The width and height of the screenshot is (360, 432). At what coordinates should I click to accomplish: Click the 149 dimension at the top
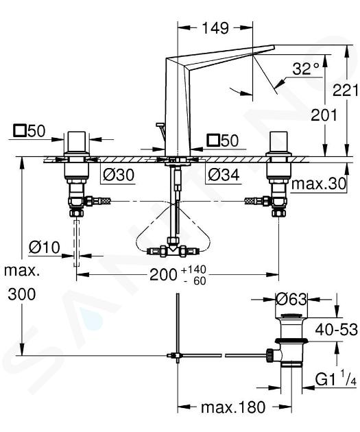(x=215, y=28)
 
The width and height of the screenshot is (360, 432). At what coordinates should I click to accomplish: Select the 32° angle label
(x=305, y=69)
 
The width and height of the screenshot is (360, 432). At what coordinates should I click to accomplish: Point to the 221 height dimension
(x=346, y=90)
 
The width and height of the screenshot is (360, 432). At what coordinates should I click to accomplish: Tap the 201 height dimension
(x=324, y=115)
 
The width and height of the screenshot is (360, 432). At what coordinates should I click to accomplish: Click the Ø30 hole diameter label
(x=119, y=174)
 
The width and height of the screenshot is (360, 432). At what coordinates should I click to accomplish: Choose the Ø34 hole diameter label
(x=224, y=174)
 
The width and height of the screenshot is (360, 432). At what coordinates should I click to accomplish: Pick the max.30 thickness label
(x=318, y=184)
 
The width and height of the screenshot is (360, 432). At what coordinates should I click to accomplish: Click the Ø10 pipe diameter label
(x=45, y=247)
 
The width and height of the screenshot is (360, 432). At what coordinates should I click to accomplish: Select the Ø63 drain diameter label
(x=291, y=299)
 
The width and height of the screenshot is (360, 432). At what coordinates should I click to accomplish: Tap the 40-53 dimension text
(x=336, y=330)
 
